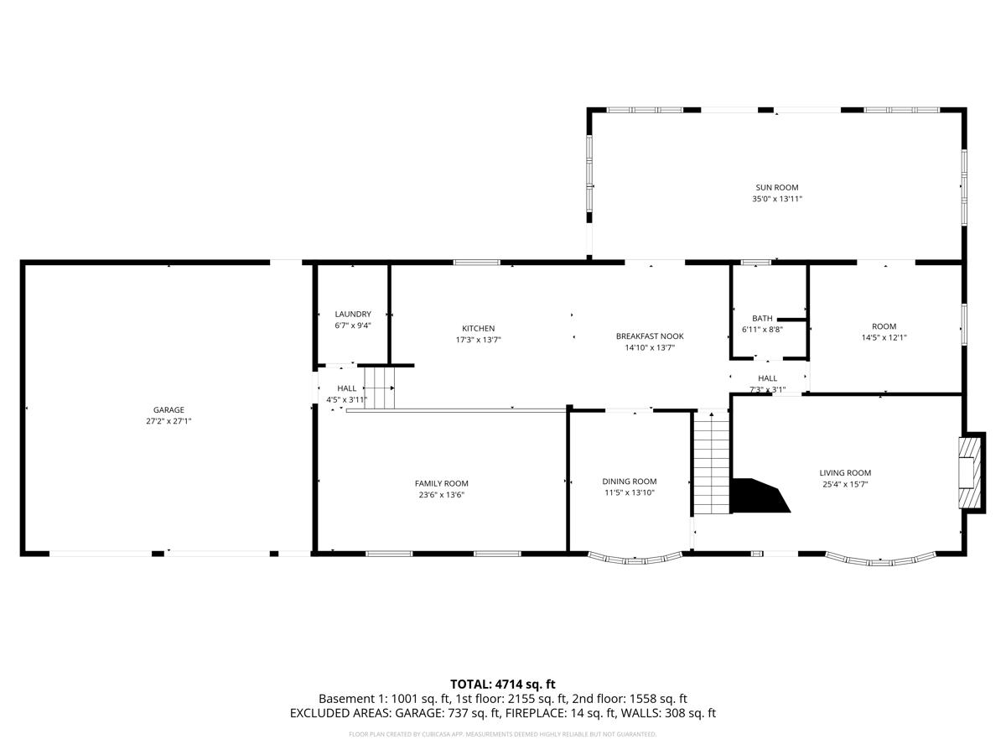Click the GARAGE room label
pos(169,410)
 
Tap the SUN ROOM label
pos(776,188)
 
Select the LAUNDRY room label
pos(352,315)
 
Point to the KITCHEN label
pos(478,328)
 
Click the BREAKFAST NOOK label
pos(650,336)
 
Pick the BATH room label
pos(762,319)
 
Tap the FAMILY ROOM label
pos(441,483)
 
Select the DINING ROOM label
pos(629,482)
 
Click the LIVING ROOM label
pos(845,473)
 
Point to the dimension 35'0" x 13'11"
pos(776,200)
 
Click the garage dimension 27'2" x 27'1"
pos(169,422)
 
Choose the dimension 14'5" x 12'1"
pos(884,338)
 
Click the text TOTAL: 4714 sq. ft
pos(502,685)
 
